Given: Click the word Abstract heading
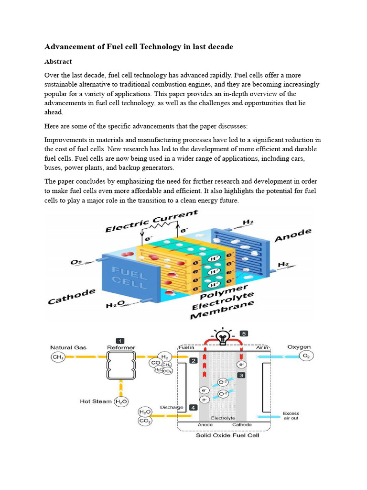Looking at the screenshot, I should (58, 61).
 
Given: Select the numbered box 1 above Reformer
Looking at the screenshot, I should (121, 340).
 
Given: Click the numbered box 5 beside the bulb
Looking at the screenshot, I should (244, 334).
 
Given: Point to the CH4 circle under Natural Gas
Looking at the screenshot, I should (57, 357).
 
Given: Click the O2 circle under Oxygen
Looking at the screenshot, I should (306, 356).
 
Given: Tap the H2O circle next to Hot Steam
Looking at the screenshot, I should (121, 402).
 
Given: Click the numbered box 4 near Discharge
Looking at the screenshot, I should (193, 407).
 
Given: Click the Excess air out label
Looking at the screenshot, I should (291, 415).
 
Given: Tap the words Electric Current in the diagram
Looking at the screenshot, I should (151, 221).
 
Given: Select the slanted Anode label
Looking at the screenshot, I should (293, 236).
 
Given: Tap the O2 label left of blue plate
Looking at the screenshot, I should (76, 262).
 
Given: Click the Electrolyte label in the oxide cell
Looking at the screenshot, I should (223, 417).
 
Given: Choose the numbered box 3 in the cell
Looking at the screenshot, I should (241, 375).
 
